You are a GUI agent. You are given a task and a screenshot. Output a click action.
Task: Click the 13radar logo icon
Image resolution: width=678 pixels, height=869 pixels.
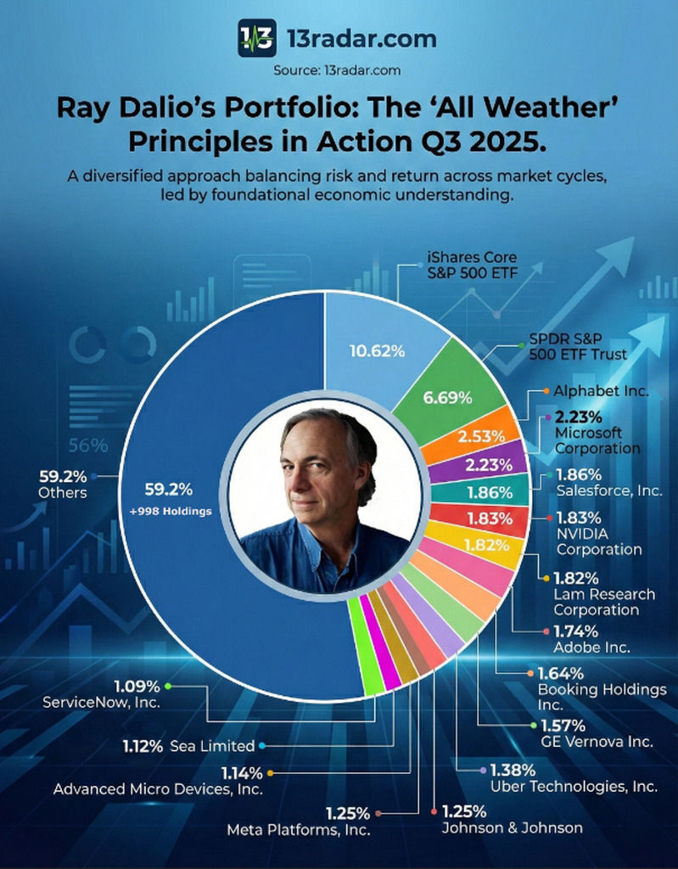257,38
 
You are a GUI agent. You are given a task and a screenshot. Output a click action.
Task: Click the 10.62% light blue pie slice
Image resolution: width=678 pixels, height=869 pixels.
378,350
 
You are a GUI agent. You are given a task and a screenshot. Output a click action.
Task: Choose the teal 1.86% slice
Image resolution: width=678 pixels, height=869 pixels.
490,492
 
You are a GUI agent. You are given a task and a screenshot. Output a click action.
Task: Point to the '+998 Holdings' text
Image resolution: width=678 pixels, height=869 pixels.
171,511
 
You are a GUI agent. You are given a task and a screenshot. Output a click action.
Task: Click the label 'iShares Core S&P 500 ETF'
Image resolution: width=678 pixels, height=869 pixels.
472,264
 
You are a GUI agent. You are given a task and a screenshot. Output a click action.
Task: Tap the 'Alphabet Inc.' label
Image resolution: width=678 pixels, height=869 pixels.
601,391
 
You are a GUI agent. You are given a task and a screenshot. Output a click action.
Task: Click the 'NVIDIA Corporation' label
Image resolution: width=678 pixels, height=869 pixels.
599,541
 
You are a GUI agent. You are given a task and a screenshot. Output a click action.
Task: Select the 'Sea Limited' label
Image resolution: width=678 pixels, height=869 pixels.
212,746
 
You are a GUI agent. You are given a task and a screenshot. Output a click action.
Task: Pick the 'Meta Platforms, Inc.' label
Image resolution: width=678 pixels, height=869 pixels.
298,829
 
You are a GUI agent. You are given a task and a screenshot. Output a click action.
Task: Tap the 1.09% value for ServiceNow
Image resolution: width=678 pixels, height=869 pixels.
137,686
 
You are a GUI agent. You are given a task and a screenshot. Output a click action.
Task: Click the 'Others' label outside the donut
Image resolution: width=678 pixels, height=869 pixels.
63,492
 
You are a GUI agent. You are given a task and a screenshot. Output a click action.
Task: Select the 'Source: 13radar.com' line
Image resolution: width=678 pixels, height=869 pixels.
337,70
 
